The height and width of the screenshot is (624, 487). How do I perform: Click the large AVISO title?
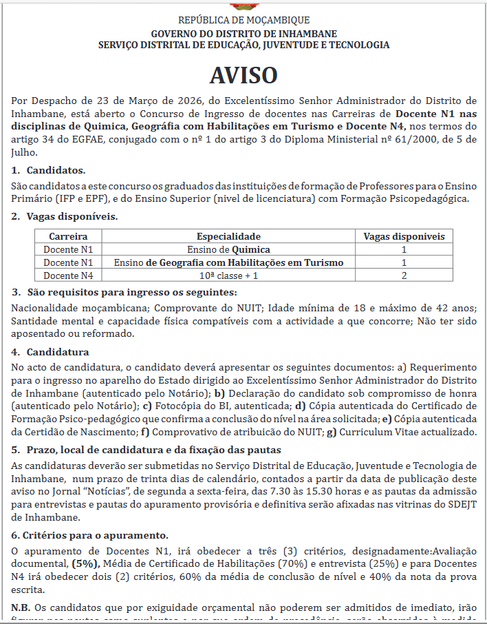pos(243,75)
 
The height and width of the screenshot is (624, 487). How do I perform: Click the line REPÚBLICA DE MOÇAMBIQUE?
pos(243,20)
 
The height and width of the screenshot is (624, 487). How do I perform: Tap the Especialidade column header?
pos(228,236)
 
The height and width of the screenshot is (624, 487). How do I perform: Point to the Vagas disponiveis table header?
pos(404,236)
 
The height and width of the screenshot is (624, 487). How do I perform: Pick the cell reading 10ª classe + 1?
pos(228,275)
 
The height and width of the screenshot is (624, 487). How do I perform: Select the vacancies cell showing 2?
pos(404,275)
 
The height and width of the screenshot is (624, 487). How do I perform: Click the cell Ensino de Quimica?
pos(228,249)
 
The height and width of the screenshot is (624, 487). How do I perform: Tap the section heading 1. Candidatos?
pos(49,169)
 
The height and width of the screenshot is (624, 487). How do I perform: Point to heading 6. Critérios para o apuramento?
pos(89,534)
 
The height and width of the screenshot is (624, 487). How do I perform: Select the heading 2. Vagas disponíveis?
pos(65,216)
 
